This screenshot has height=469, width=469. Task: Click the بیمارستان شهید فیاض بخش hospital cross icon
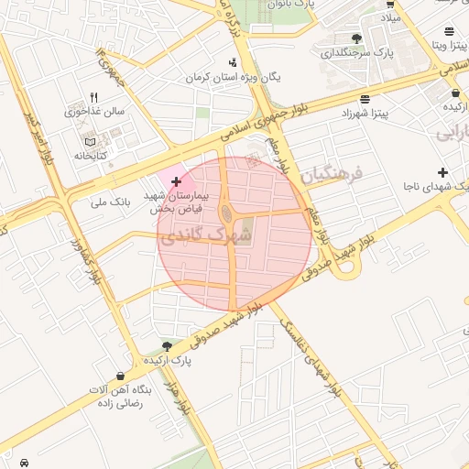[176, 182]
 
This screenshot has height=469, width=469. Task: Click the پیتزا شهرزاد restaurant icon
[365, 99]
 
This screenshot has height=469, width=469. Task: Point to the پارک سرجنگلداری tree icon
[356, 38]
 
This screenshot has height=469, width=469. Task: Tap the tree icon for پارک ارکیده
[167, 345]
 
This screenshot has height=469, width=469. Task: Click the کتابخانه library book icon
[89, 142]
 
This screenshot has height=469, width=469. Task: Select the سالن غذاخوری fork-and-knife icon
[93, 98]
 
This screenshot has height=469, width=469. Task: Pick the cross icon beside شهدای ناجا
[443, 172]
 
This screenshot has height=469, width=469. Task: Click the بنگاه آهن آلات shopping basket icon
[121, 376]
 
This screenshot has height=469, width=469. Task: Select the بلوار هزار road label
[182, 396]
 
